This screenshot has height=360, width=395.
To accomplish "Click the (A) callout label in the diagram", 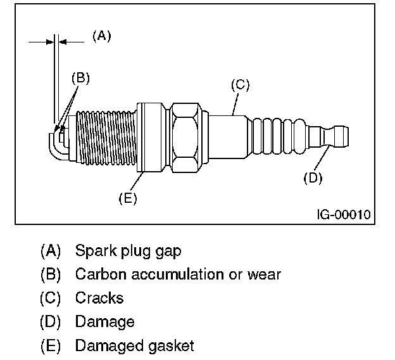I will [101, 36].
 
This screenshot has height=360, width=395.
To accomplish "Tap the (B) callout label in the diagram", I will [80, 79].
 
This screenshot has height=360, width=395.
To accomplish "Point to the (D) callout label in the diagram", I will [313, 178].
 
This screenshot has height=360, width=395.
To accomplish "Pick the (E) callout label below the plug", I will [128, 198].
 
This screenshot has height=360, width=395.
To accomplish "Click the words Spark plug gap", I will [128, 251].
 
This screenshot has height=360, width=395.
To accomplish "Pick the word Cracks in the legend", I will [99, 298].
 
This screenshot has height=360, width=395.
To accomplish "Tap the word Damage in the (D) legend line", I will [104, 322].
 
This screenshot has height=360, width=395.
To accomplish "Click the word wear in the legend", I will [266, 274].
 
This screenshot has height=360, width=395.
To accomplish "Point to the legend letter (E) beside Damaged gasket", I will [50, 346].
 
